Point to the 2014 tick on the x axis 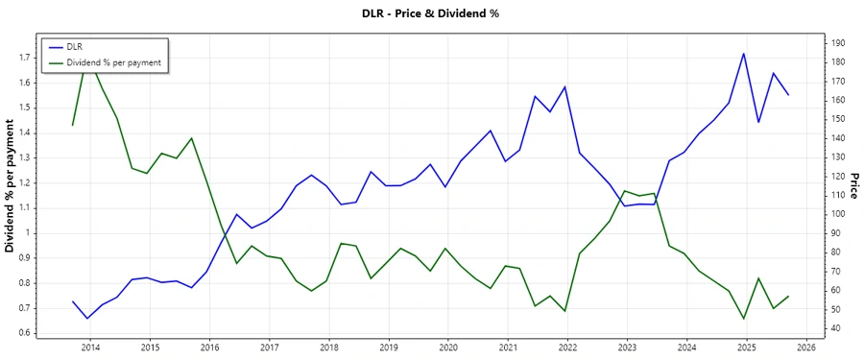[x=90, y=347]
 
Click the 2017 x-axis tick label [x=269, y=347]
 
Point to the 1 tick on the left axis [x=29, y=233]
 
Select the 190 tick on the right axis [x=837, y=43]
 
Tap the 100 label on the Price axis [x=837, y=214]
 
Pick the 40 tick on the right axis [x=834, y=328]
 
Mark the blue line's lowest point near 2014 [x=87, y=318]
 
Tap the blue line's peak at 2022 [x=564, y=86]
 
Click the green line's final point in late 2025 [x=788, y=297]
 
